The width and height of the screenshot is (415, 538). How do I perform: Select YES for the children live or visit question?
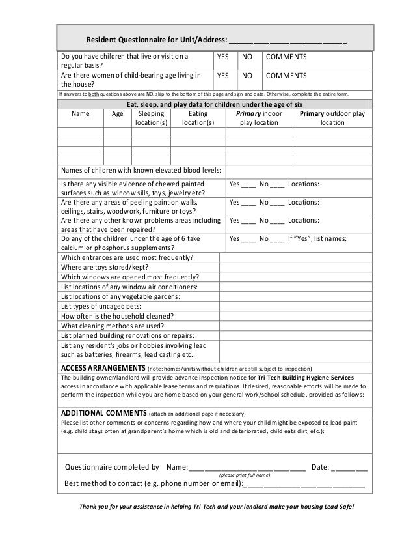pos(223,59)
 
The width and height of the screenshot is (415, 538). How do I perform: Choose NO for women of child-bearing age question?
pos(247,76)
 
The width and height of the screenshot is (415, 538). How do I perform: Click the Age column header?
pos(117,113)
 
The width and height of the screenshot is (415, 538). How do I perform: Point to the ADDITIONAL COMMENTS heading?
pos(103,412)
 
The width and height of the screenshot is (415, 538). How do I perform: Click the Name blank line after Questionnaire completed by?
pos(247,468)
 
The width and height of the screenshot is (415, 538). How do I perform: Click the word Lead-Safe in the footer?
pos(340,507)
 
